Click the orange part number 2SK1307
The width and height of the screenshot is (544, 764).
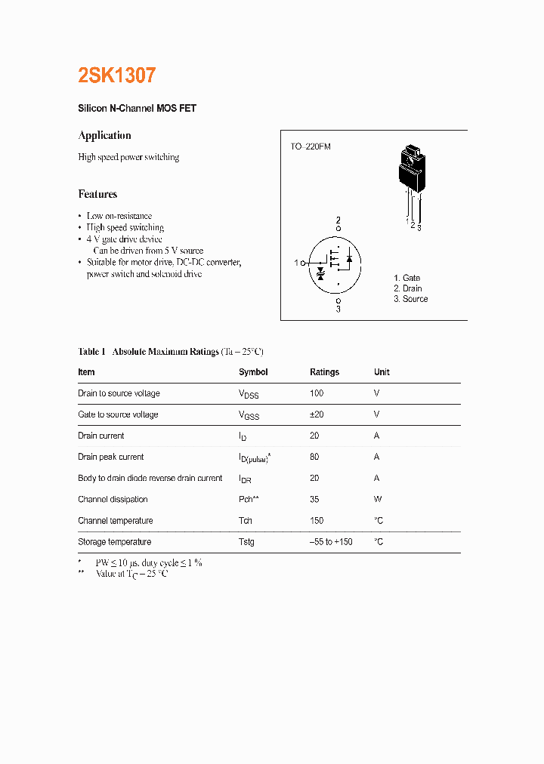click(117, 75)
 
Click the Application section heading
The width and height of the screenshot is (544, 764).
click(104, 136)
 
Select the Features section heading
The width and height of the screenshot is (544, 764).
click(97, 194)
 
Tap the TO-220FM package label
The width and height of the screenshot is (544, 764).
click(311, 146)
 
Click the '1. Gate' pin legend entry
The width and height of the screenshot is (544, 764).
click(406, 278)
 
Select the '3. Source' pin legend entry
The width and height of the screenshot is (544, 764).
click(410, 299)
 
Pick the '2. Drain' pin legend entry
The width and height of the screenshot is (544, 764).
click(407, 288)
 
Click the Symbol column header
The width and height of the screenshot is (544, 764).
click(253, 372)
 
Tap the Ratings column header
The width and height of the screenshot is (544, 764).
click(324, 372)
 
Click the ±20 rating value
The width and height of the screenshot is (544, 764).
click(317, 414)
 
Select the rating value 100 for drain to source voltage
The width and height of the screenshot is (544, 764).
click(317, 393)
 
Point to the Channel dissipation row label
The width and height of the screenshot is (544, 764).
click(113, 499)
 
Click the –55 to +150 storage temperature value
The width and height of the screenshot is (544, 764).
click(331, 542)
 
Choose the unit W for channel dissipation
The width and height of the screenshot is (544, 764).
click(378, 499)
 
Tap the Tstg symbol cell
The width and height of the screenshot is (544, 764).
click(246, 542)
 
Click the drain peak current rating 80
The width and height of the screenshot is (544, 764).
click(314, 457)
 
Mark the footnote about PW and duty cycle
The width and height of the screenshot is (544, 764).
click(148, 562)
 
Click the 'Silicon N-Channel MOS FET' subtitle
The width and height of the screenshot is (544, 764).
click(137, 109)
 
